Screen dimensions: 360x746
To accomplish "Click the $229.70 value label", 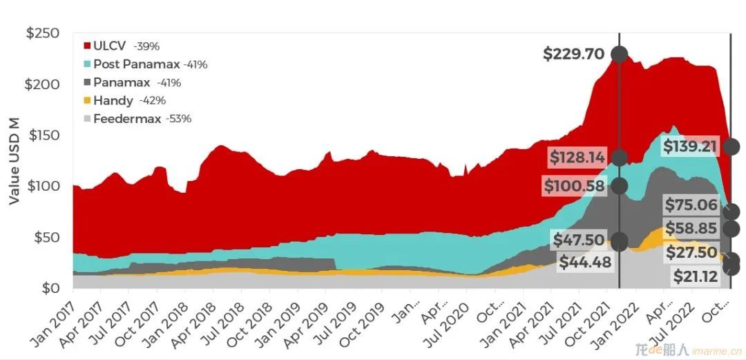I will [x=573, y=54].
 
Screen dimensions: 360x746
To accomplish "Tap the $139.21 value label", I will [x=691, y=146].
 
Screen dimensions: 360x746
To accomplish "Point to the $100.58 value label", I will [x=574, y=186].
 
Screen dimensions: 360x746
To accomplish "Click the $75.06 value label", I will [x=691, y=204].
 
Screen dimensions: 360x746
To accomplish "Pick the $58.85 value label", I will [x=691, y=229].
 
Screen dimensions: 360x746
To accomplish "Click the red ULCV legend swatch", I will [x=87, y=46].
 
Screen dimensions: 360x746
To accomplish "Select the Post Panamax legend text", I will [x=137, y=64].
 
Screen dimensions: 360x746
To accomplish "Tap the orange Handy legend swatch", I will [x=87, y=100].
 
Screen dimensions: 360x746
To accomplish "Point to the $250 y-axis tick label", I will [x=43, y=33].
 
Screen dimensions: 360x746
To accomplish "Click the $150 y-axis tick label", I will [x=43, y=135].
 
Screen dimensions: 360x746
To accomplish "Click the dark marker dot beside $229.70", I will [x=620, y=54].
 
